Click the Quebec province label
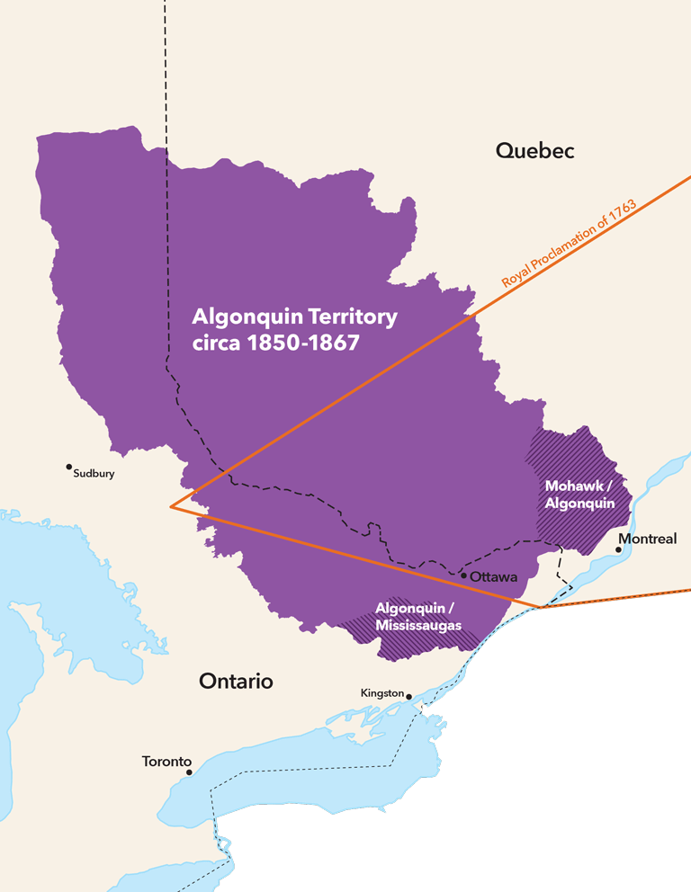[x=534, y=151]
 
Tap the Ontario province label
[x=236, y=681]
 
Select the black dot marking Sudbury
[x=68, y=467]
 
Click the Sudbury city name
[x=94, y=474]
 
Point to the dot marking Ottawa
[x=463, y=575]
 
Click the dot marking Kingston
[x=408, y=696]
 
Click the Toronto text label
[x=166, y=762]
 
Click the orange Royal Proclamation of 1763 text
[x=569, y=245]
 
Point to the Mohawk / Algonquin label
[x=579, y=495]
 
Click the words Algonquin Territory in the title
[x=294, y=317]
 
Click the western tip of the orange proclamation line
[x=170, y=506]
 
